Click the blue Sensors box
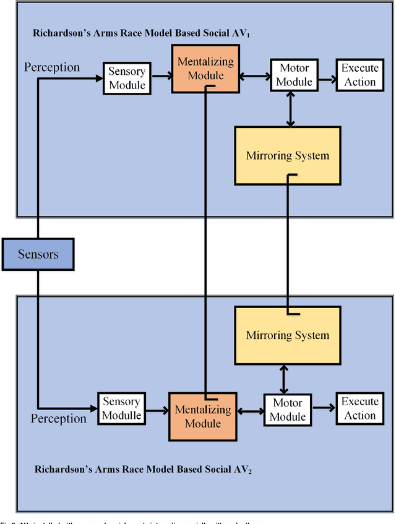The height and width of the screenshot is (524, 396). [38, 254]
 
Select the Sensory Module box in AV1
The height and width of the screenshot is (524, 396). [126, 79]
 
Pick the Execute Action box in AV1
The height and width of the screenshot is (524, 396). [360, 75]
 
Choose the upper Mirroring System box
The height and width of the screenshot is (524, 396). [288, 155]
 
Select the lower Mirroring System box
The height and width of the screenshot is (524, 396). [288, 335]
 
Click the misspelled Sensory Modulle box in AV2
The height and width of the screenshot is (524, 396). [122, 408]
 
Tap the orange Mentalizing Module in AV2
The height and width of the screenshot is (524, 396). [202, 416]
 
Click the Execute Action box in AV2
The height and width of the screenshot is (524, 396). [360, 408]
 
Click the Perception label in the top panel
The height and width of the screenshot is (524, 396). [51, 67]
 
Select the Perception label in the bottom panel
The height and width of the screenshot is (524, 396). [59, 419]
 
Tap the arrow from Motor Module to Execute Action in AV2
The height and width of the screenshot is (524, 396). [324, 408]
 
